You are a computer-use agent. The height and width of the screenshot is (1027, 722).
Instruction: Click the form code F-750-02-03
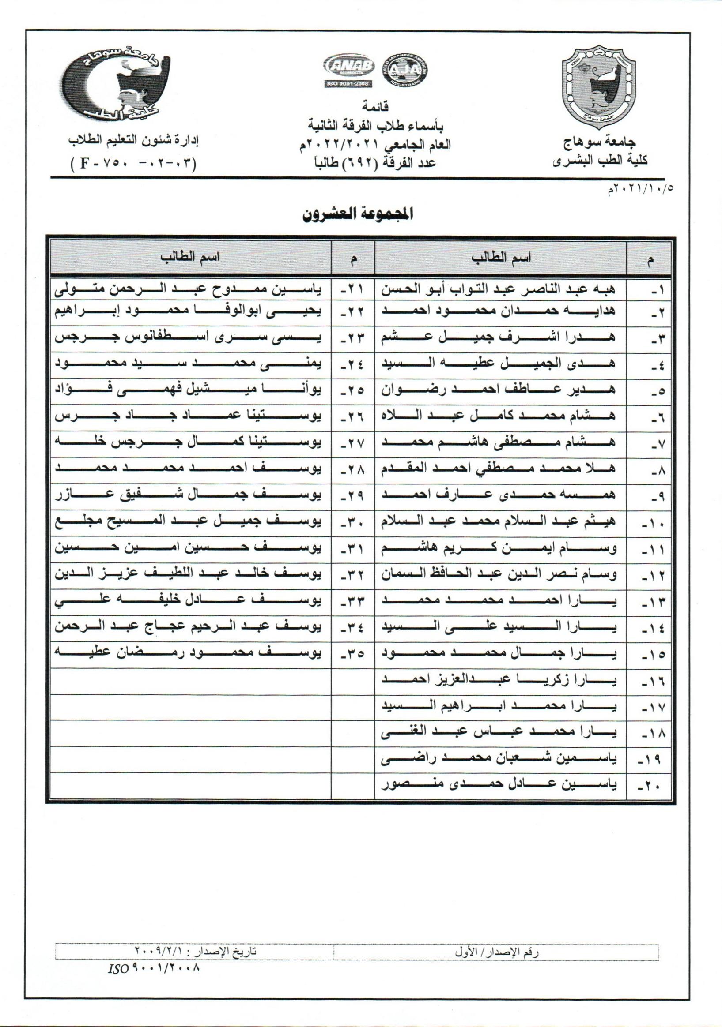133,162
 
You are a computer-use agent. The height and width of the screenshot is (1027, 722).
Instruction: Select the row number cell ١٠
650,522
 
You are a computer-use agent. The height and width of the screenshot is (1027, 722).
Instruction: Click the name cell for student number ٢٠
499,784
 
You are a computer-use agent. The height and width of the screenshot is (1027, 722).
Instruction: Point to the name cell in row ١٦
499,681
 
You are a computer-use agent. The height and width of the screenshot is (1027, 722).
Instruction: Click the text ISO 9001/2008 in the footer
153,968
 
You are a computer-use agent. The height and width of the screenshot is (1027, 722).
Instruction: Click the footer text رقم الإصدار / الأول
496,952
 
